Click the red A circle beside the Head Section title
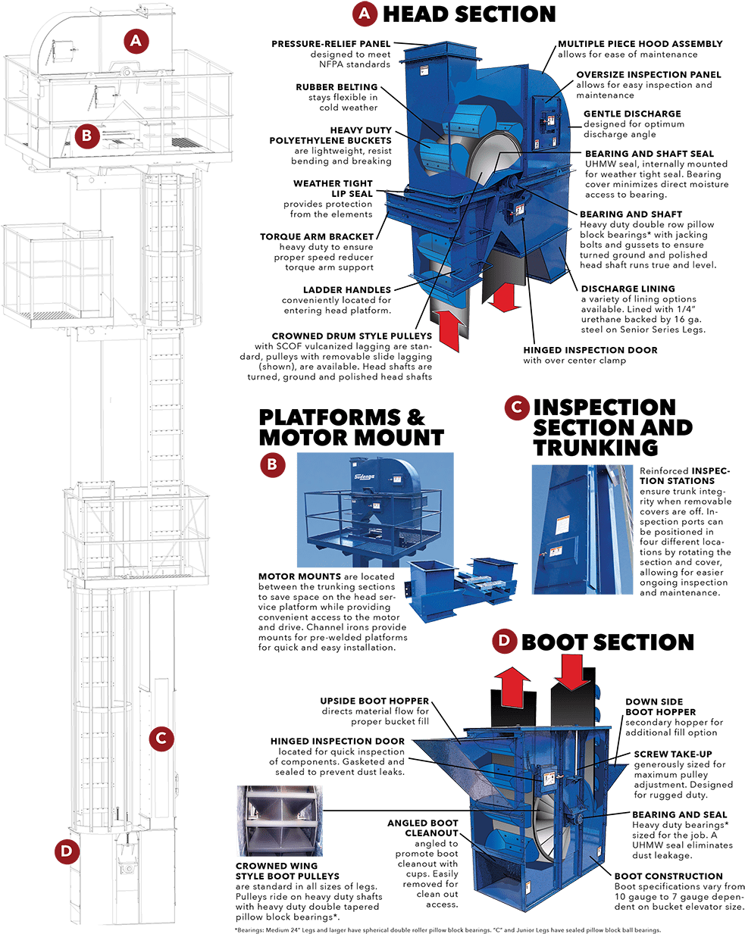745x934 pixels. tap(364, 14)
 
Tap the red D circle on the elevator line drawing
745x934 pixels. tap(67, 851)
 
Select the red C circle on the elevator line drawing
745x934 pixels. tap(161, 738)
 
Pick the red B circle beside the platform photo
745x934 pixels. tap(272, 465)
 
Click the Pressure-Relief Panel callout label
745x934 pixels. tap(331, 44)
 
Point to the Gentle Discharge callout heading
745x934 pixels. tap(632, 114)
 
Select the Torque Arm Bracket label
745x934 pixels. tap(317, 236)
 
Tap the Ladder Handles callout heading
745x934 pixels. tap(346, 289)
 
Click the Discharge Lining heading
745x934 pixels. tap(628, 289)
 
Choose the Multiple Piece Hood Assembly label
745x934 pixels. tap(640, 44)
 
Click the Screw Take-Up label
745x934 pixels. tap(673, 754)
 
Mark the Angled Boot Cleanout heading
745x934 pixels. tap(423, 828)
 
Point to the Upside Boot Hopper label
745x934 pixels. tap(374, 701)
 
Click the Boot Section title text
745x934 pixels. tap(607, 642)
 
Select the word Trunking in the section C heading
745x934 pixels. tap(596, 447)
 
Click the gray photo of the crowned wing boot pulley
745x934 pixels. tap(280, 820)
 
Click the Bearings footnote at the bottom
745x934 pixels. tap(447, 930)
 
